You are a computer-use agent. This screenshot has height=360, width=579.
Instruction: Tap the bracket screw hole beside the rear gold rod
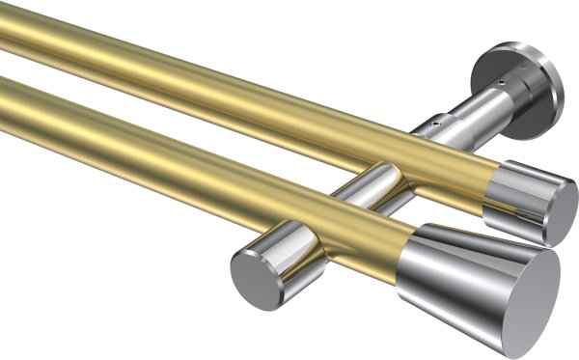point(434,124)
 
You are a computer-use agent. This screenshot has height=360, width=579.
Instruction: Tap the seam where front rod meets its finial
point(404,256)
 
